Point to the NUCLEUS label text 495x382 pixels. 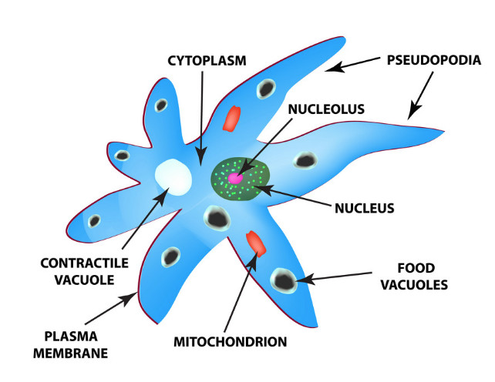pos(365,207)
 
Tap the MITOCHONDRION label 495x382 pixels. pos(241,340)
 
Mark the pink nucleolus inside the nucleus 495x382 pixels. pos(235,179)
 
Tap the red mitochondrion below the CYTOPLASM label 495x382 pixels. pos(231,119)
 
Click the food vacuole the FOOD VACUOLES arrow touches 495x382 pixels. pos(284,280)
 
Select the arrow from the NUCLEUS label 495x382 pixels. pos(296,196)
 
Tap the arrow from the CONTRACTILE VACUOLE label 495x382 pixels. pos(142,223)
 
